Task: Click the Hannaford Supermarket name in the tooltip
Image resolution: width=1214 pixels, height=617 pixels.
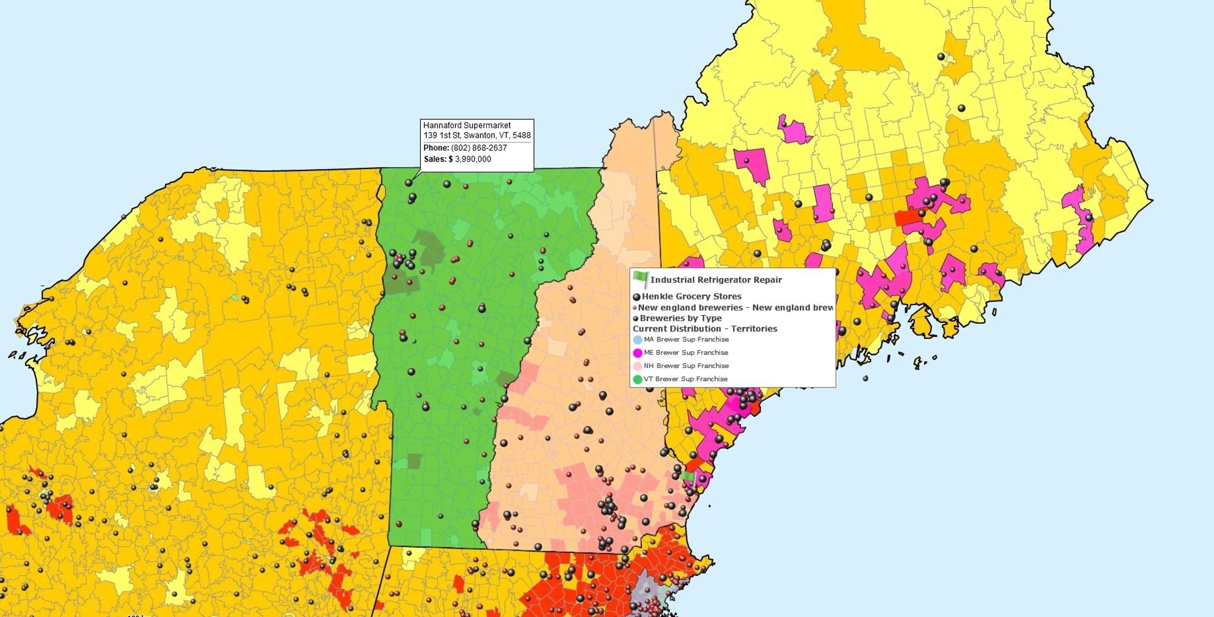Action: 467,126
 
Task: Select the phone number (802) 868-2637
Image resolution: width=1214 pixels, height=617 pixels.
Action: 479,148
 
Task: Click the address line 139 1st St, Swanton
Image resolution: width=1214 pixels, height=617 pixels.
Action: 477,135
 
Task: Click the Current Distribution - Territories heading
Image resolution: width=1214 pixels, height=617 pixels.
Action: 704,329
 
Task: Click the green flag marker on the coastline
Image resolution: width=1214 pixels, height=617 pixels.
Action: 689,477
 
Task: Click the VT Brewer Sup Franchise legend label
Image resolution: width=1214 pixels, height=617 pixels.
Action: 685,379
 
